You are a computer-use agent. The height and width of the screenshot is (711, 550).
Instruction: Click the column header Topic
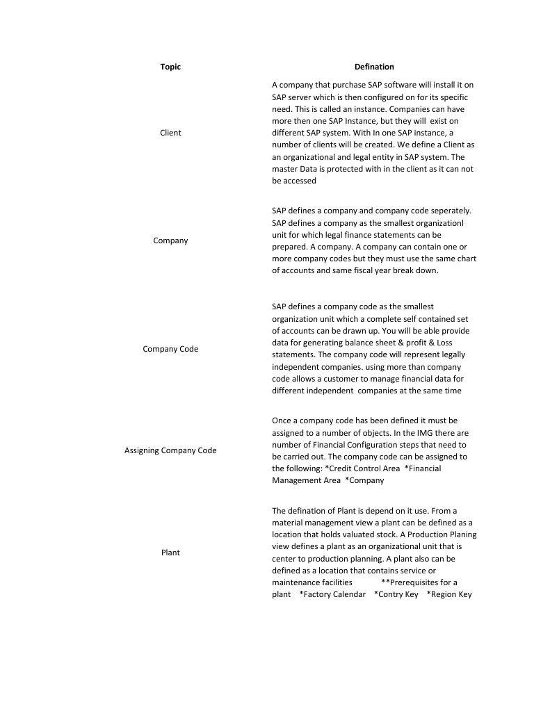[x=170, y=67]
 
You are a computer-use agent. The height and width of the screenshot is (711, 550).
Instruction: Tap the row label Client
[x=170, y=133]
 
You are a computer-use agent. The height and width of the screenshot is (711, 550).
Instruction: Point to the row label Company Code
[x=170, y=349]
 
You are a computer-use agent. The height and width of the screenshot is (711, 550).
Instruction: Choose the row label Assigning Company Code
[x=170, y=450]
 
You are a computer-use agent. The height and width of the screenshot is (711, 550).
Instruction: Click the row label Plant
[x=170, y=553]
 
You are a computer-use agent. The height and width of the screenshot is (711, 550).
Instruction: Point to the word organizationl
[x=438, y=222]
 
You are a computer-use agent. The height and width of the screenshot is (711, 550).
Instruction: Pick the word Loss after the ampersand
[x=446, y=343]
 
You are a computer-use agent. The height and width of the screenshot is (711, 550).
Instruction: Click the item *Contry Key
[x=396, y=594]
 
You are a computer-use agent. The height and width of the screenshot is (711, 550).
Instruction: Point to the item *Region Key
[x=449, y=594]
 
